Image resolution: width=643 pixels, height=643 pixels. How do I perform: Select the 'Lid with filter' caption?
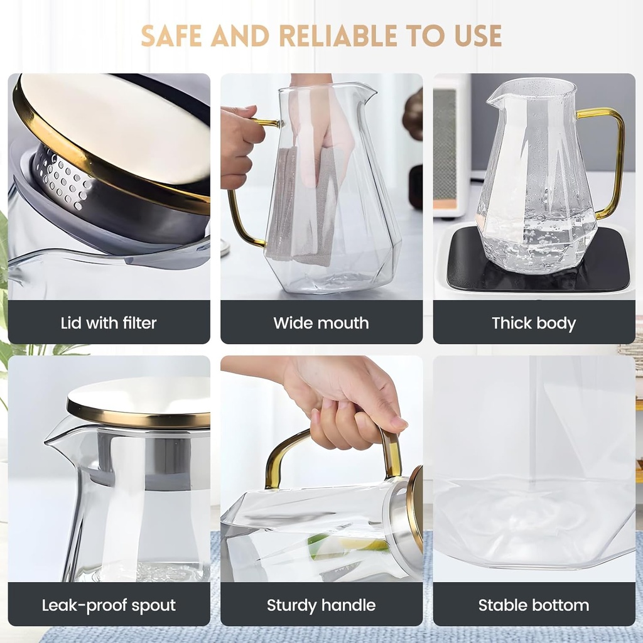(109, 323)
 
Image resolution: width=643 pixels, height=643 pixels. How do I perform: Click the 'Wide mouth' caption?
(321, 323)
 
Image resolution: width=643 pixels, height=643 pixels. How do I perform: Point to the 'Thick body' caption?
(534, 323)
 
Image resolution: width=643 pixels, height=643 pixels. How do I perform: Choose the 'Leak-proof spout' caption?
(109, 605)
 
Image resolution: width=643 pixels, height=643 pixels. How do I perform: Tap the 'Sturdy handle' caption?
(321, 605)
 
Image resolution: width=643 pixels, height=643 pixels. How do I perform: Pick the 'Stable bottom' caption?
(534, 605)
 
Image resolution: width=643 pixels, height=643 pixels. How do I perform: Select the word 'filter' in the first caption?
(138, 323)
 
